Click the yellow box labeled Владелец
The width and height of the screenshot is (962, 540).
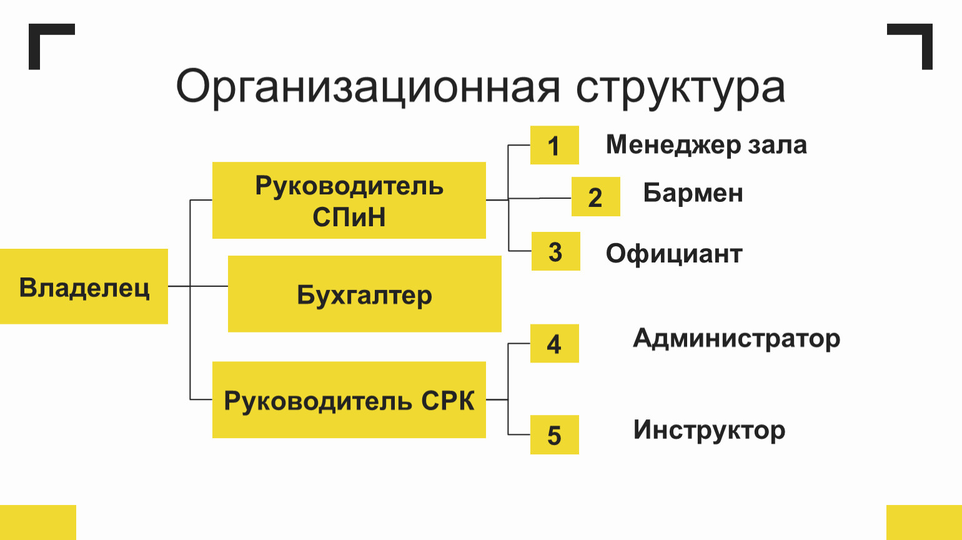(84, 286)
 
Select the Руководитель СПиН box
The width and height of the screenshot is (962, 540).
(349, 200)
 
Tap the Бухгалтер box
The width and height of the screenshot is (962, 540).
(365, 294)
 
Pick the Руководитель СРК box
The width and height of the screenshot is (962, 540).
(349, 400)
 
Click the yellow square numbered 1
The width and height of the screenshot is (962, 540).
(555, 145)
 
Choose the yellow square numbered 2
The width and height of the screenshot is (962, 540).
(596, 196)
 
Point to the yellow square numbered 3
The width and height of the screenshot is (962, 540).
(556, 251)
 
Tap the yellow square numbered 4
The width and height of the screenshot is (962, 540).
(555, 343)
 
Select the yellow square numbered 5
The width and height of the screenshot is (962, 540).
(555, 435)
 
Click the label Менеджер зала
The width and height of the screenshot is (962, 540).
(707, 145)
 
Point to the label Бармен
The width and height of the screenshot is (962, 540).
(693, 193)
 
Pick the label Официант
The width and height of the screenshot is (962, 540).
(674, 254)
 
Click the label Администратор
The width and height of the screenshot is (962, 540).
(736, 339)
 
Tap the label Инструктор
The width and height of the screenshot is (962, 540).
(709, 431)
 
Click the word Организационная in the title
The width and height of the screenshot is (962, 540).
(368, 88)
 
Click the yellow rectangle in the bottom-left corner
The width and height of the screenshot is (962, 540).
(37, 522)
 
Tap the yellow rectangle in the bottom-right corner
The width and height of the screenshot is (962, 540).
(925, 522)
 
